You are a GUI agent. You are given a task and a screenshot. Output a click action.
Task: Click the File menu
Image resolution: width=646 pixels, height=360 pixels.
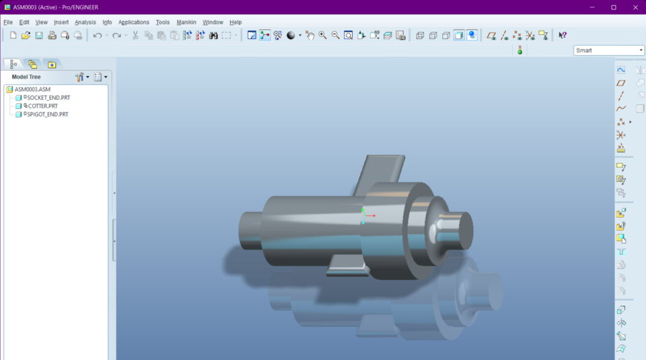coord(8,22)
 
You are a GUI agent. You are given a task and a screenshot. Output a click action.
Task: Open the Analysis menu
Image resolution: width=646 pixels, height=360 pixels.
coord(85,22)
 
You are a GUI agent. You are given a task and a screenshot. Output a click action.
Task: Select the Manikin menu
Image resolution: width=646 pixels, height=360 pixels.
coord(186,22)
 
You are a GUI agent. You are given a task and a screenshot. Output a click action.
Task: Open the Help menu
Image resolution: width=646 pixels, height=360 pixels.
coord(236,22)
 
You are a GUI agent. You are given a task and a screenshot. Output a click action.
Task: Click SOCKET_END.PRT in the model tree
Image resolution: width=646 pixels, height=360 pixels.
coord(48,98)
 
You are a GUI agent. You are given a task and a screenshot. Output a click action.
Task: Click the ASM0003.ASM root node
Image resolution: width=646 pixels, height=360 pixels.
coord(32,89)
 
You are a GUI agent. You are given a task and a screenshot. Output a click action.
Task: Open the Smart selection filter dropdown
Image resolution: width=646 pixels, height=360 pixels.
coord(609,50)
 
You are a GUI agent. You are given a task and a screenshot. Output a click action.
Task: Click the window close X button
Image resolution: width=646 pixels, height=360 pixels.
coord(633,7)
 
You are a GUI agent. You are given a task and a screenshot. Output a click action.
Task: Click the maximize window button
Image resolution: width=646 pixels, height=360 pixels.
coord(614,7)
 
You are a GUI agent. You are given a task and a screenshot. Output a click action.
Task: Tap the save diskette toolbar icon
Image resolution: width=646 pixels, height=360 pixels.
coord(39,36)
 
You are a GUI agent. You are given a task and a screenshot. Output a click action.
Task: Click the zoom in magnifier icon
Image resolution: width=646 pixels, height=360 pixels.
coord(323,36)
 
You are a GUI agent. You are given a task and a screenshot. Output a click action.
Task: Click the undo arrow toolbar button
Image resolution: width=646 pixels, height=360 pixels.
coord(98,36)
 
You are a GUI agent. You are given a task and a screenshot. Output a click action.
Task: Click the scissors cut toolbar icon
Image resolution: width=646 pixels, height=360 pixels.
coord(135,36)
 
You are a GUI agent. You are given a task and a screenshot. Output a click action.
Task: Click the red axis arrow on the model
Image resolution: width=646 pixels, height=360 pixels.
coord(372,216)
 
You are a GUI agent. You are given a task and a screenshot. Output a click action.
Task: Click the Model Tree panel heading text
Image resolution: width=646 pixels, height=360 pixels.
coord(26,77)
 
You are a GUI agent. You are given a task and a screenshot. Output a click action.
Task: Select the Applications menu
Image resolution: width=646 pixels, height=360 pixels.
coord(133,22)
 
